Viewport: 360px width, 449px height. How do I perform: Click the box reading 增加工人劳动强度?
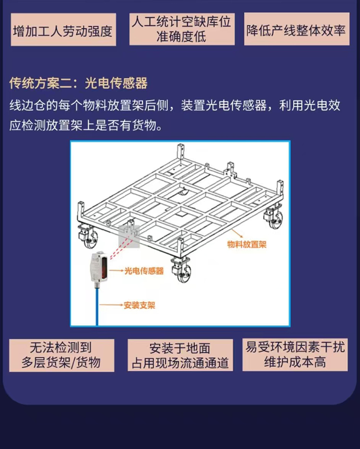coord(63,29)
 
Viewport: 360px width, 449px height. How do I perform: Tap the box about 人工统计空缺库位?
coord(182,29)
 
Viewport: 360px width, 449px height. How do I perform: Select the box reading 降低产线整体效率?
coord(297,29)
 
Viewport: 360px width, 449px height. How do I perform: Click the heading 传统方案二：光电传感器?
coord(78,83)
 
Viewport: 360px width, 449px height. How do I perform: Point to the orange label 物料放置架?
coord(247,244)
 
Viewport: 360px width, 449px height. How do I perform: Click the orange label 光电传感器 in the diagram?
coord(144,271)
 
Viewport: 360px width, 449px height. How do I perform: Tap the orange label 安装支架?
coord(139,305)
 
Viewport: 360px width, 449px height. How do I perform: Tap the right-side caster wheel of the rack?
coord(274,218)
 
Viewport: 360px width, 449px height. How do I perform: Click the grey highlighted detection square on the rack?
coord(129,236)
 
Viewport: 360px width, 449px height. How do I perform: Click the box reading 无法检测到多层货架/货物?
coord(61,355)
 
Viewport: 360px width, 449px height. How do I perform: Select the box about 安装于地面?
coord(180,355)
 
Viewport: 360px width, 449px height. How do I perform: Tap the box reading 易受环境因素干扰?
coord(295,354)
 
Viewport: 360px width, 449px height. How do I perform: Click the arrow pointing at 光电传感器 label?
coord(116,271)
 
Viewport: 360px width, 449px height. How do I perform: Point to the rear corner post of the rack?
coord(180,153)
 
